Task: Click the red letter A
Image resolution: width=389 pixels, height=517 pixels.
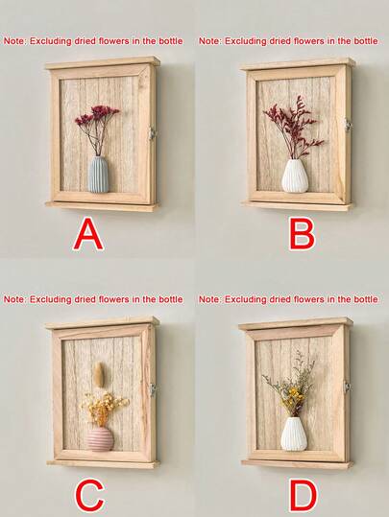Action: click(88, 233)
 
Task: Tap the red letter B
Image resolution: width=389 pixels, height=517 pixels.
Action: click(301, 233)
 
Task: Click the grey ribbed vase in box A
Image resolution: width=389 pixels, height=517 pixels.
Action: click(99, 174)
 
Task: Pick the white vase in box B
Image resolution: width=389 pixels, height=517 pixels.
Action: click(294, 176)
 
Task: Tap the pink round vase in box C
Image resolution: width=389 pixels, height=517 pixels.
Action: click(100, 438)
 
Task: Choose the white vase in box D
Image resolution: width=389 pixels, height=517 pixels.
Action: click(293, 433)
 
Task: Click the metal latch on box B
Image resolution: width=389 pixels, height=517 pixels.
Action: click(348, 125)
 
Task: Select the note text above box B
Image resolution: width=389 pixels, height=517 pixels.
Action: click(288, 41)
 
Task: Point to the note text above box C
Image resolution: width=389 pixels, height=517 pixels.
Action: click(93, 299)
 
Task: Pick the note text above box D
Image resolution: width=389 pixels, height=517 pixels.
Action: click(288, 299)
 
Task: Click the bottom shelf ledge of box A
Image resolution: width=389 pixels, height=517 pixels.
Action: click(101, 204)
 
